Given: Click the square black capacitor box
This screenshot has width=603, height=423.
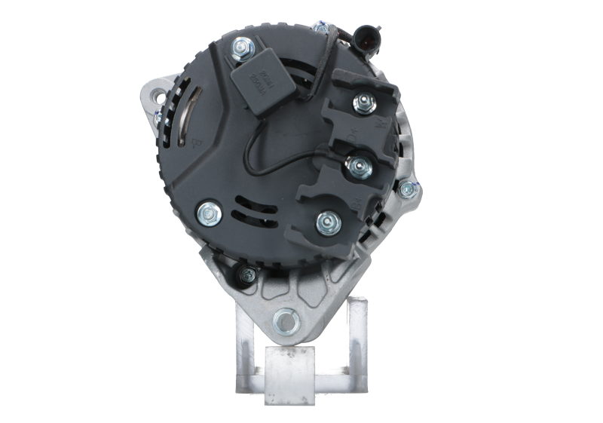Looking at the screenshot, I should point(256,81).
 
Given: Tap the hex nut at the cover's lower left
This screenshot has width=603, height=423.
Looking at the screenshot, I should point(208,213).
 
